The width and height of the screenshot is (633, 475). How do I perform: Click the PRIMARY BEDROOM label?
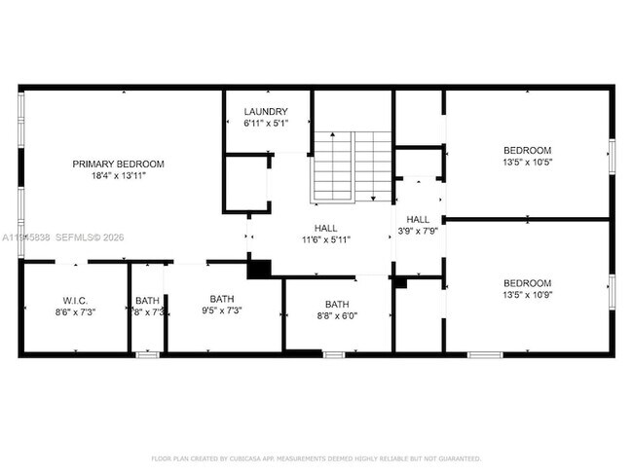tap(118, 164)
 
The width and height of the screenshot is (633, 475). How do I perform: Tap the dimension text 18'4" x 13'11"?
tap(118, 176)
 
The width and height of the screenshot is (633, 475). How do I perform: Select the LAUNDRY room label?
tap(266, 111)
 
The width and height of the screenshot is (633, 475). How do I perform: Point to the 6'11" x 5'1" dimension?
tap(266, 124)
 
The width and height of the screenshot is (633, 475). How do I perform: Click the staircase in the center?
tap(352, 166)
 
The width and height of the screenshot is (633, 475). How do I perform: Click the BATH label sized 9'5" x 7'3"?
tap(222, 298)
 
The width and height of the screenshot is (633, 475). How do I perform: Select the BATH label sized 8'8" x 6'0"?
tap(336, 304)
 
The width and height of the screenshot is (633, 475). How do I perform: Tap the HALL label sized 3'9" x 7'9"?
tap(418, 219)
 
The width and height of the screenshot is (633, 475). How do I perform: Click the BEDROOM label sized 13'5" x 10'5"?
tap(527, 150)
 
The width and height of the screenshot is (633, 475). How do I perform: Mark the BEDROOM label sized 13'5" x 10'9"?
tap(527, 282)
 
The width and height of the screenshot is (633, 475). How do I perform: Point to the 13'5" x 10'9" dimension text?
tap(527, 295)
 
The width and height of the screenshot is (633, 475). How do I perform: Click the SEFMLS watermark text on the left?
tap(78, 237)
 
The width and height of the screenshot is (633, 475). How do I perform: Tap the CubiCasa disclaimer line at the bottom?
tap(316, 457)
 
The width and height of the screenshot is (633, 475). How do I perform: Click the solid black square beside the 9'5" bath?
tap(259, 270)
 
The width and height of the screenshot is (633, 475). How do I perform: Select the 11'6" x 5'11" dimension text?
tap(325, 238)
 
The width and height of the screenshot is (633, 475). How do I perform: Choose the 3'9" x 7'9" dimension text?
tap(418, 232)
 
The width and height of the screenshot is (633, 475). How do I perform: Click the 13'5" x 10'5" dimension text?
tap(527, 163)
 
